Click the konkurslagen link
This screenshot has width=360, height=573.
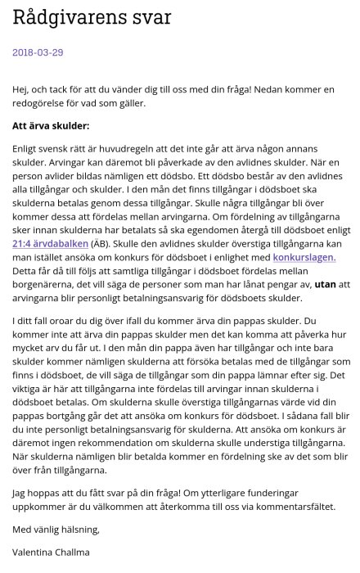tap(304, 257)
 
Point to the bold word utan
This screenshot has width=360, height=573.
tap(324, 284)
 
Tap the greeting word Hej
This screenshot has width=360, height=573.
tap(21, 89)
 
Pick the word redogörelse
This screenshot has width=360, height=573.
tap(47, 103)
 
